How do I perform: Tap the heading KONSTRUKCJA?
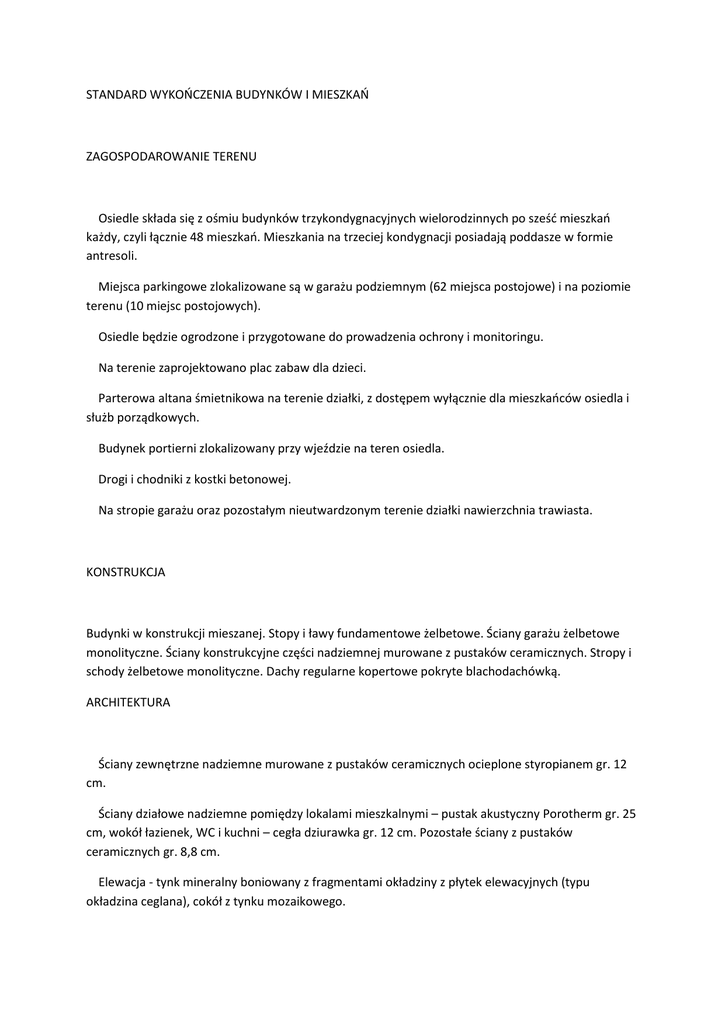125,573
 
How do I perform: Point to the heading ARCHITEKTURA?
128,702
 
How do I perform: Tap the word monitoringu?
508,337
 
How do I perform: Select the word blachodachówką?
512,672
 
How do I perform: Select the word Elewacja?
123,882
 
